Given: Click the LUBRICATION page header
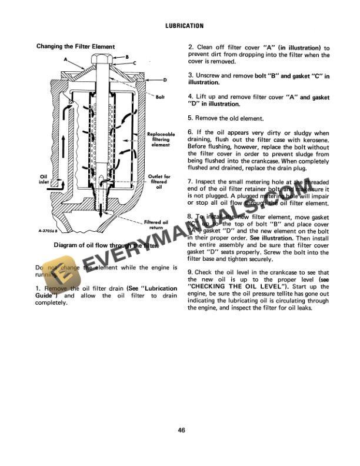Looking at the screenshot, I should [x=180, y=26].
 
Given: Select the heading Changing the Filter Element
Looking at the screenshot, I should [x=75, y=46].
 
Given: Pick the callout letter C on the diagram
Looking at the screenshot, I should [x=135, y=62].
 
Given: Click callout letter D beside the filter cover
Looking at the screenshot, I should [x=165, y=79].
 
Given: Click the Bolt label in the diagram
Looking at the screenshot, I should [x=160, y=96].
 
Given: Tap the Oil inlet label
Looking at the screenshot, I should [x=44, y=179].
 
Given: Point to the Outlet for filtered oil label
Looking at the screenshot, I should [x=159, y=182].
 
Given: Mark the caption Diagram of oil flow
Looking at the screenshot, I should [x=106, y=245].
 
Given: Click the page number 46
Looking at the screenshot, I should [x=181, y=430].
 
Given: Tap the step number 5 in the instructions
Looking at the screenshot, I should [x=190, y=118].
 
